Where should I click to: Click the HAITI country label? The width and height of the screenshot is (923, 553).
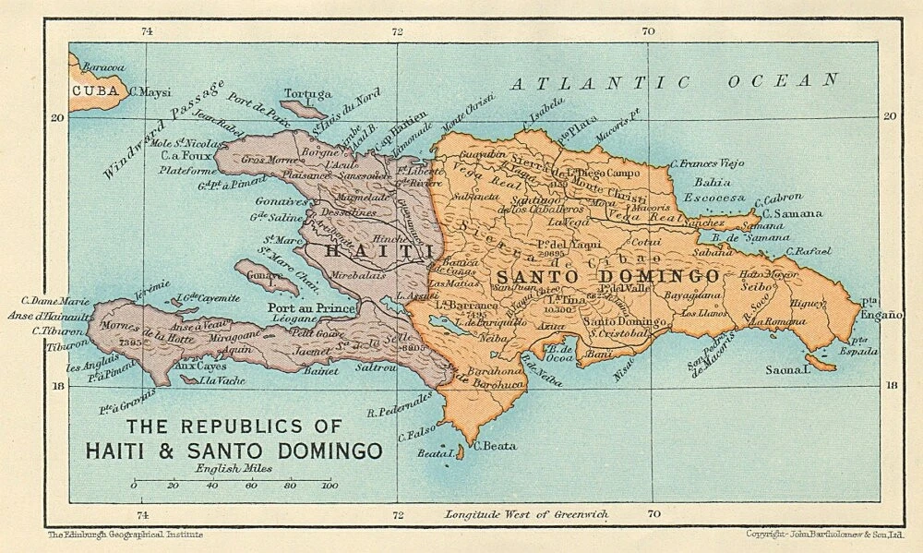click(366, 250)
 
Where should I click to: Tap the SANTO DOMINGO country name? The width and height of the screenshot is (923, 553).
click(608, 276)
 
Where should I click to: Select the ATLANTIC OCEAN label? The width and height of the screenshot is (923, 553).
click(674, 82)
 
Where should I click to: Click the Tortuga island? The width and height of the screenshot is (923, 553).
click(304, 109)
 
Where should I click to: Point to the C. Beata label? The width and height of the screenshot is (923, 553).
click(493, 447)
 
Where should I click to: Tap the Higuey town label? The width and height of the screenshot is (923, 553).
click(809, 302)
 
